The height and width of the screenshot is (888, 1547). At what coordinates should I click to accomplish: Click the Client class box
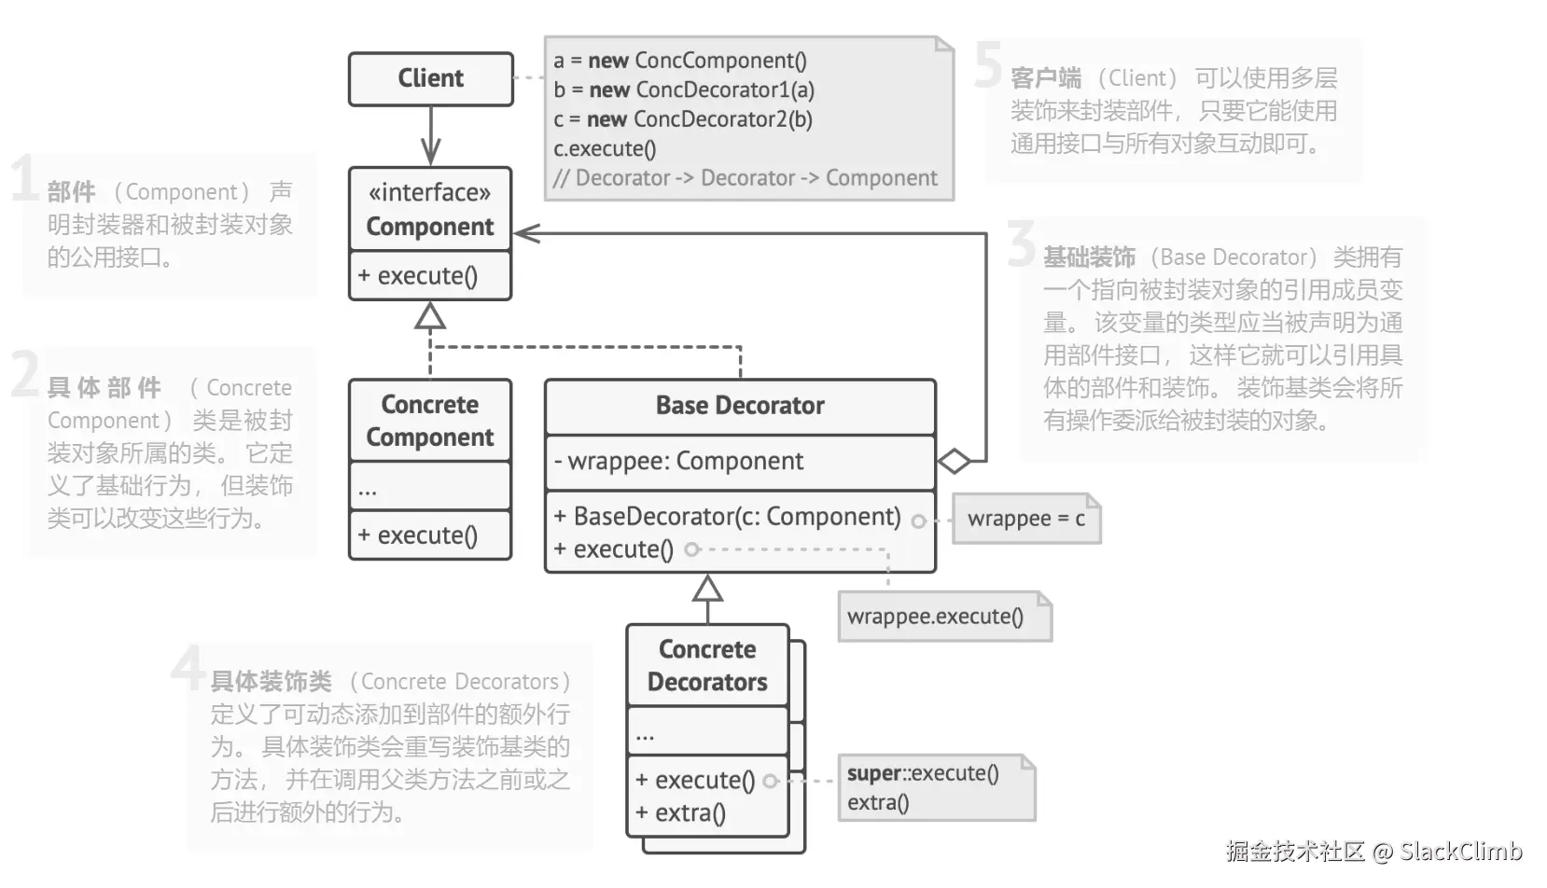[x=431, y=78]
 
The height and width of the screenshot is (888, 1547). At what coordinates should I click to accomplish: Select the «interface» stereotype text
[x=429, y=192]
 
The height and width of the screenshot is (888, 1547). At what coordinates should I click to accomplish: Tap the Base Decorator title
[x=740, y=406]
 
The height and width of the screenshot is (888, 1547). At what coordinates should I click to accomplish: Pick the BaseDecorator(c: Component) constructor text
[x=728, y=517]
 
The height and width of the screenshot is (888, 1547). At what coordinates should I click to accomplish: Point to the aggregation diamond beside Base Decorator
[x=955, y=461]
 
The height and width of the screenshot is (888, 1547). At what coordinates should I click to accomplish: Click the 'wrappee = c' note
[x=1026, y=519]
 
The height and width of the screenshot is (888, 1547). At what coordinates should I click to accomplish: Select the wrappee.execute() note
[x=945, y=616]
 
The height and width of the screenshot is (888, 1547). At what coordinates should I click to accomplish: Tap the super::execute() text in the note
[x=923, y=772]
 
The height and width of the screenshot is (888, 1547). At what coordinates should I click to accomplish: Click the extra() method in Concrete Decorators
[x=680, y=812]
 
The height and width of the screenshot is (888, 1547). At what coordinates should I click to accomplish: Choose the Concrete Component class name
[x=429, y=421]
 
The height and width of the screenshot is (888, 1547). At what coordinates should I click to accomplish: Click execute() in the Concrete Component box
[x=417, y=535]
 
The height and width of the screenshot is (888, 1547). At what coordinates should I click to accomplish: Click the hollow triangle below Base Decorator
[x=707, y=589]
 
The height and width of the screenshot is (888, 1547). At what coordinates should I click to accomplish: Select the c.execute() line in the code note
[x=605, y=148]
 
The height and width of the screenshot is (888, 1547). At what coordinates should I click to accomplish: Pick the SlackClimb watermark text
[x=1460, y=852]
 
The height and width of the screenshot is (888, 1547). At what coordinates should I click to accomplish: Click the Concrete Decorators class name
[x=707, y=666]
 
